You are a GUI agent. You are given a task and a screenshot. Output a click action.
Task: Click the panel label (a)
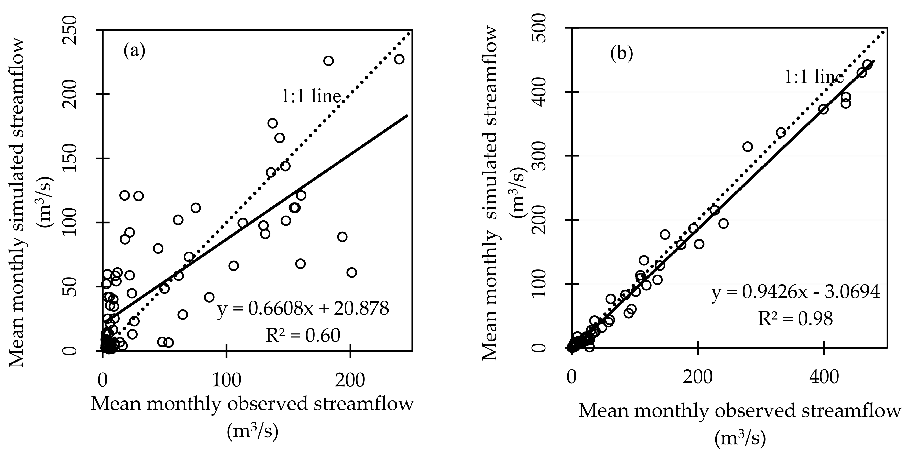[134, 51]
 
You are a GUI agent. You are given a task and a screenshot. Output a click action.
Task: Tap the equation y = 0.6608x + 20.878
[303, 308]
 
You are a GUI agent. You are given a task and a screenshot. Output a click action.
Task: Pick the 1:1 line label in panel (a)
[311, 96]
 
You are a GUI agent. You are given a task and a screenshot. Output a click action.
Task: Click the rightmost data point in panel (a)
[399, 59]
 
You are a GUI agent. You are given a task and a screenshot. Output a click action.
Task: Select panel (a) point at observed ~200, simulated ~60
[351, 273]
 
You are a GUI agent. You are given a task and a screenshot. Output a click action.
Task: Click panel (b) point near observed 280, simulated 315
[747, 147]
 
